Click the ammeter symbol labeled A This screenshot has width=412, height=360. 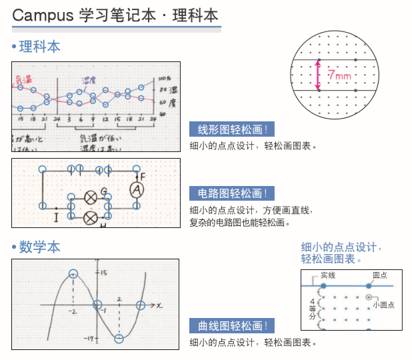click(x=137, y=190)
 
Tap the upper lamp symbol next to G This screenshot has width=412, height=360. click(x=91, y=197)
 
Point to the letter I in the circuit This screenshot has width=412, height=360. click(x=56, y=217)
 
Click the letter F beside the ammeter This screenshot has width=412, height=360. click(x=143, y=176)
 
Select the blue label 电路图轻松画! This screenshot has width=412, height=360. click(x=232, y=194)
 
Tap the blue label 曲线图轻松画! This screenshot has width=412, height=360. click(x=232, y=326)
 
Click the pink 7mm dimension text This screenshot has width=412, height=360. click(x=339, y=76)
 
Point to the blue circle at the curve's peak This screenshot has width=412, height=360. click(x=73, y=273)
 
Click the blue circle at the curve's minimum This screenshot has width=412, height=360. click(x=119, y=339)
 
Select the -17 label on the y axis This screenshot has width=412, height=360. click(x=88, y=339)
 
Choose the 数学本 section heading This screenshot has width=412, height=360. click(x=39, y=247)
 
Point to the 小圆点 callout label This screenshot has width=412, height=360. click(x=384, y=305)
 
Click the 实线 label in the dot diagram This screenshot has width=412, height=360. click(x=328, y=275)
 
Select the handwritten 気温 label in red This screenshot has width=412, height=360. click(x=23, y=79)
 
